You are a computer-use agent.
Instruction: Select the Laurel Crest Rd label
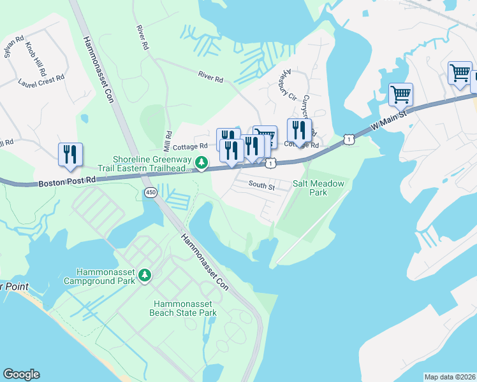(41, 77)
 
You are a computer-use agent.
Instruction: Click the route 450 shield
(150, 192)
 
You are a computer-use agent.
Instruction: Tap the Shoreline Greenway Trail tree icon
(201, 164)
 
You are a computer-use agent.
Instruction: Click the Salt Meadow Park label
(319, 187)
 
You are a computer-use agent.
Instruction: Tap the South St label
(261, 187)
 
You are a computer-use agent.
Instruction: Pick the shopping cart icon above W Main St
(400, 94)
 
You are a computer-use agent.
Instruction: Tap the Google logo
(21, 374)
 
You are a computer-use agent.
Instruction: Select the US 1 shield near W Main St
(348, 138)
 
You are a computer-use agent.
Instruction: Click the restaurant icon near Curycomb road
(298, 131)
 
